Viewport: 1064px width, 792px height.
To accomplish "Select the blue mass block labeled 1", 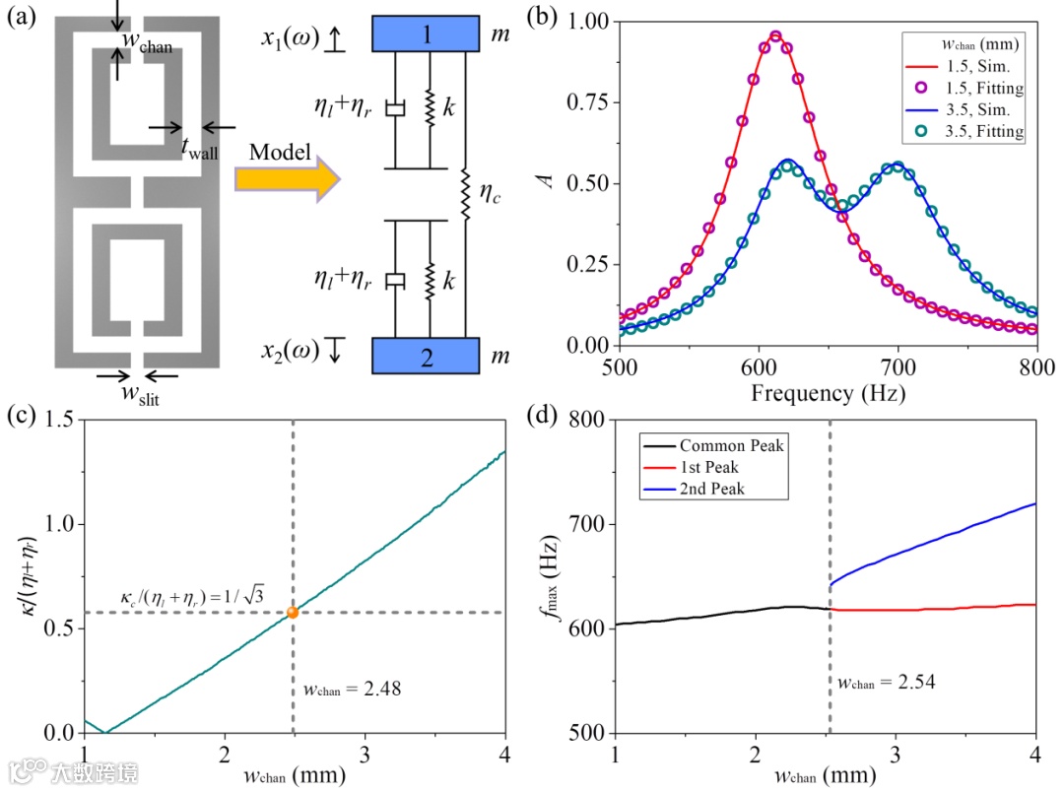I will click(x=425, y=35).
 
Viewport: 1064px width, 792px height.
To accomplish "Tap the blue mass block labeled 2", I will click(x=425, y=356).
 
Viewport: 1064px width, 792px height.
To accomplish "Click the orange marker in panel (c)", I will click(x=293, y=613).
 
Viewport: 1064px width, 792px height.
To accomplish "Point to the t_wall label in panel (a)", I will click(x=200, y=149).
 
